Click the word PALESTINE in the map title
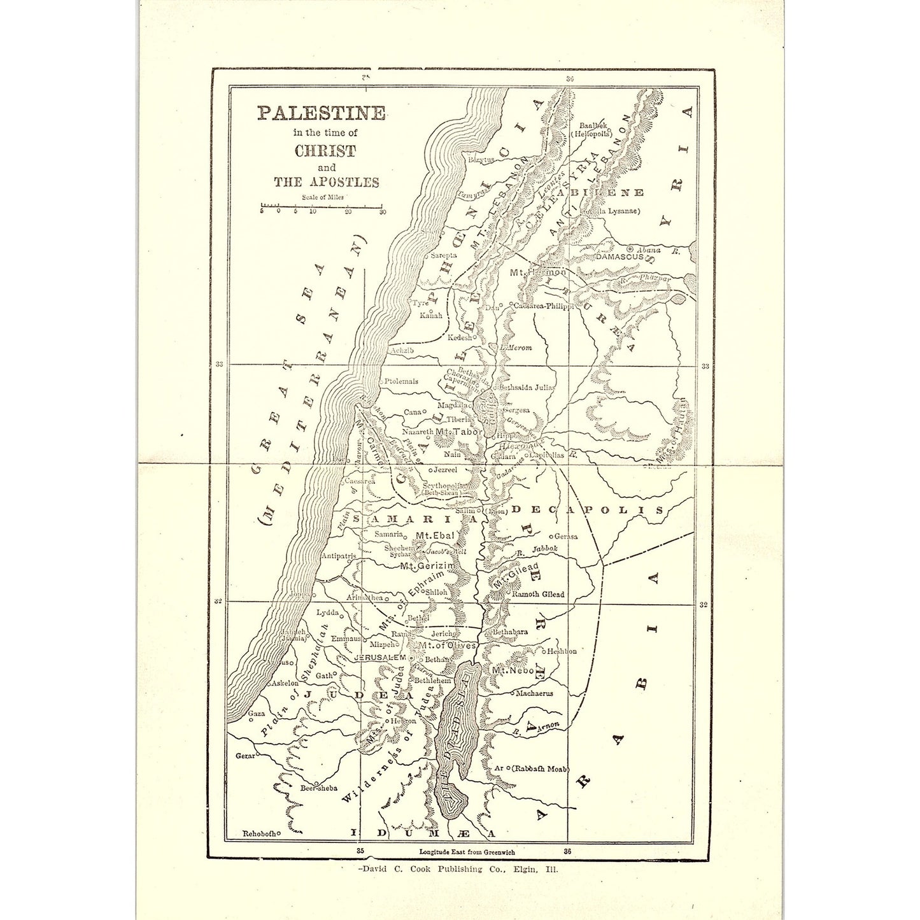point(321,113)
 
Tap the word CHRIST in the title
point(325,152)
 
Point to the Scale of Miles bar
point(322,206)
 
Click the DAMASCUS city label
point(619,257)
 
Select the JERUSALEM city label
point(379,657)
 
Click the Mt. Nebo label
point(513,671)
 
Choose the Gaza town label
point(256,714)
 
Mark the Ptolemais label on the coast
point(401,381)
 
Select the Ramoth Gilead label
point(538,594)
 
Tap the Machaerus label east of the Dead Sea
point(534,693)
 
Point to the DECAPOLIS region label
point(587,510)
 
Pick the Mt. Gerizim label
point(427,565)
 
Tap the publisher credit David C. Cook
point(458,869)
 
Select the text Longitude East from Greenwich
point(467,852)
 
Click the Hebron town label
point(403,721)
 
